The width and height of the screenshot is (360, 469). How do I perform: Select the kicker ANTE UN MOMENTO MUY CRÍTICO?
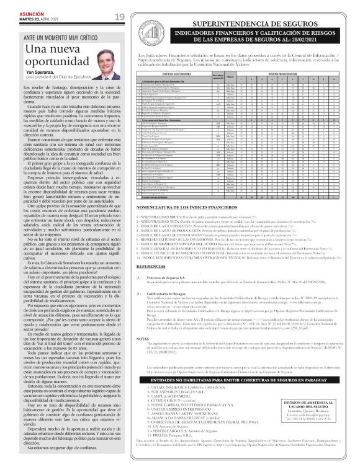click(61, 38)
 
